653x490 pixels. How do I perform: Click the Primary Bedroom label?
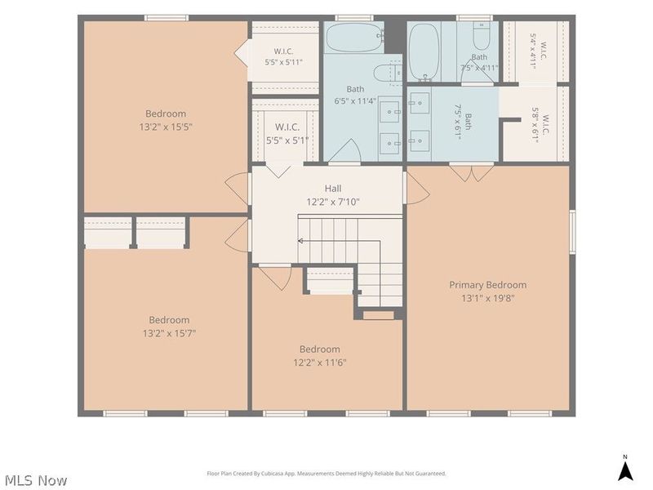(487, 285)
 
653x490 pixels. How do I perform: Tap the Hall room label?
(333, 189)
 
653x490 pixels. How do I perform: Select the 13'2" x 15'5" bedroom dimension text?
(166, 127)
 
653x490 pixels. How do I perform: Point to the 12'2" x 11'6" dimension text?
(320, 363)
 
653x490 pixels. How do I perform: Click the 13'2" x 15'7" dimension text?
(169, 333)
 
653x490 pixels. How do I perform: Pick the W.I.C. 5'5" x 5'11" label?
(283, 57)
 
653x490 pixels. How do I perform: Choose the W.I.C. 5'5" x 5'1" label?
(287, 133)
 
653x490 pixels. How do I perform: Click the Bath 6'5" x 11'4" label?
(355, 95)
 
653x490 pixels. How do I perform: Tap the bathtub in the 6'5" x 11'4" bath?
(354, 38)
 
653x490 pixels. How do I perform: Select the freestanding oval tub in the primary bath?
(424, 51)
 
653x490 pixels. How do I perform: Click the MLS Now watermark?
(36, 480)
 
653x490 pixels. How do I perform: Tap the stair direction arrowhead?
(300, 241)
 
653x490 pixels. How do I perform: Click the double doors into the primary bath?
(472, 173)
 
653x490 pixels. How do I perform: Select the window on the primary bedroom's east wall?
(573, 232)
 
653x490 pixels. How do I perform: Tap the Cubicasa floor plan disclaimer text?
(326, 474)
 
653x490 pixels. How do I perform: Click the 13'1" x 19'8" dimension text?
(488, 298)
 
